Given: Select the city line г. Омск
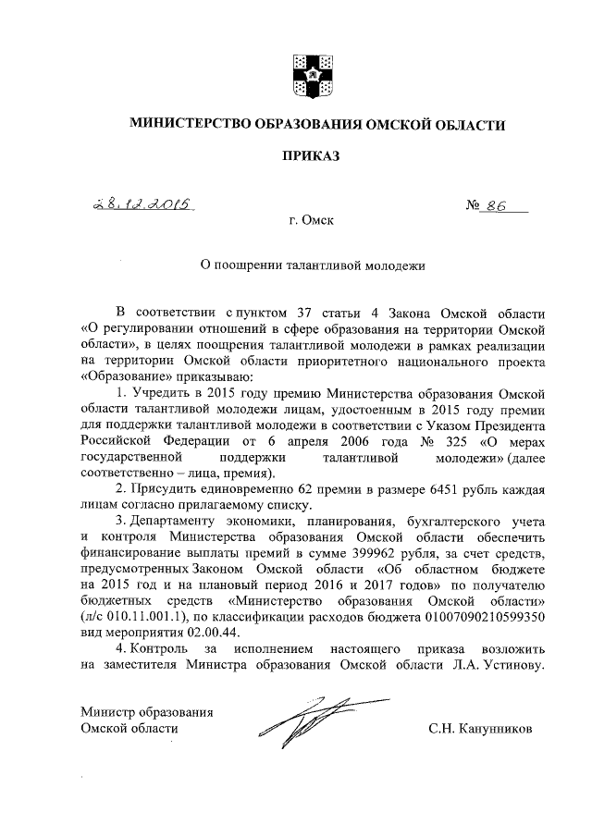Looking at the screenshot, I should (311, 222).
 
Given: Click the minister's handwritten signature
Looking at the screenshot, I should (302, 721).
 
